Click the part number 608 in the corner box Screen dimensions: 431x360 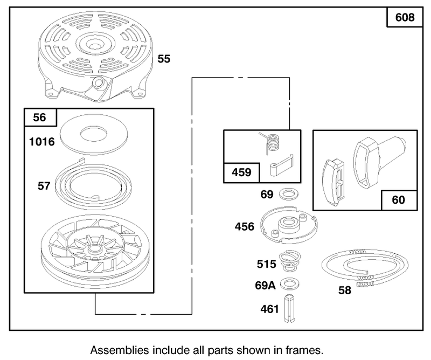(x=405, y=17)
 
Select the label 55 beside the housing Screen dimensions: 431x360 (x=164, y=59)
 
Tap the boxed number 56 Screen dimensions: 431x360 (x=39, y=117)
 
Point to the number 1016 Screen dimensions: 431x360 (x=42, y=142)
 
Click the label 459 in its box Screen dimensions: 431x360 (x=241, y=172)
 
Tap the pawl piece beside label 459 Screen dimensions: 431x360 (x=281, y=165)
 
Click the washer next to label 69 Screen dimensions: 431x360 (x=289, y=195)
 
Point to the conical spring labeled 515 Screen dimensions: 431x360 (x=290, y=261)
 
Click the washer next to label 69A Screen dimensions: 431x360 (x=290, y=285)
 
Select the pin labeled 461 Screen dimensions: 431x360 (x=289, y=308)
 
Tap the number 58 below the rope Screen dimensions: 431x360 (x=345, y=290)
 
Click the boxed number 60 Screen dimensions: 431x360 (x=398, y=200)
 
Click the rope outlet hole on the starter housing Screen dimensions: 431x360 (x=98, y=82)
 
